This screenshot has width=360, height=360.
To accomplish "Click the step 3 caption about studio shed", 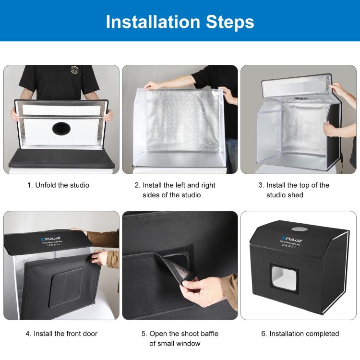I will coord(298,190).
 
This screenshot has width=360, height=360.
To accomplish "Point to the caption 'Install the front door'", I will coord(61,333).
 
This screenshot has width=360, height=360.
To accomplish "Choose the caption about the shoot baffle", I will coord(178,338).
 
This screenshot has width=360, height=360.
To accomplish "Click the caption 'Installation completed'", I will coord(300,333).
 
